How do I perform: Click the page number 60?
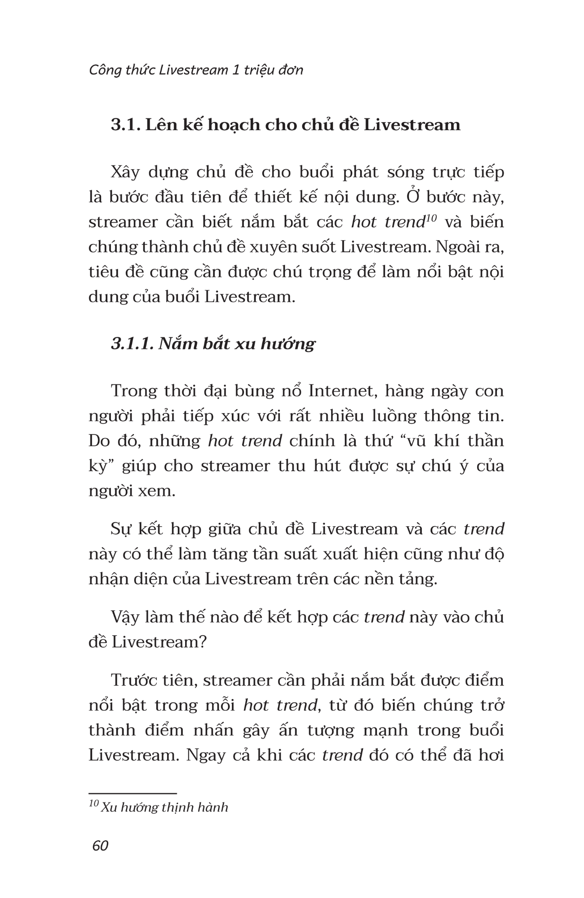coord(100,845)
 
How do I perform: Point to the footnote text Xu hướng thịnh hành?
coord(164,807)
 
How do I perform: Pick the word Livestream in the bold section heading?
coord(412,124)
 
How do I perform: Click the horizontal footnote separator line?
coord(133,793)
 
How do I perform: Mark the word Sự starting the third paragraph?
coord(120,529)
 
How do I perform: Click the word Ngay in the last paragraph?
coord(205,755)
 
